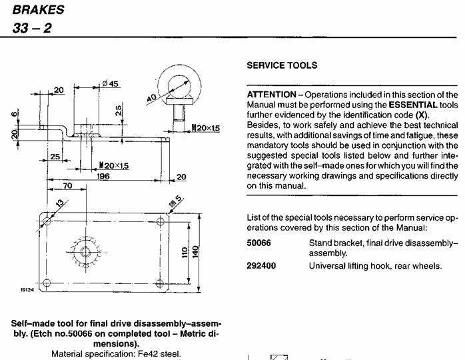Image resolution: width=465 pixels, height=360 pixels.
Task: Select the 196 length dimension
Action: click(104, 176)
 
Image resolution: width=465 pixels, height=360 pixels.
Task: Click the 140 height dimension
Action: click(195, 253)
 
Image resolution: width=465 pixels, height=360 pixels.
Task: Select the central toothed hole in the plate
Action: click(85, 251)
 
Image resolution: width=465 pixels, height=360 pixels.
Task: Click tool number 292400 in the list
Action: click(261, 266)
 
